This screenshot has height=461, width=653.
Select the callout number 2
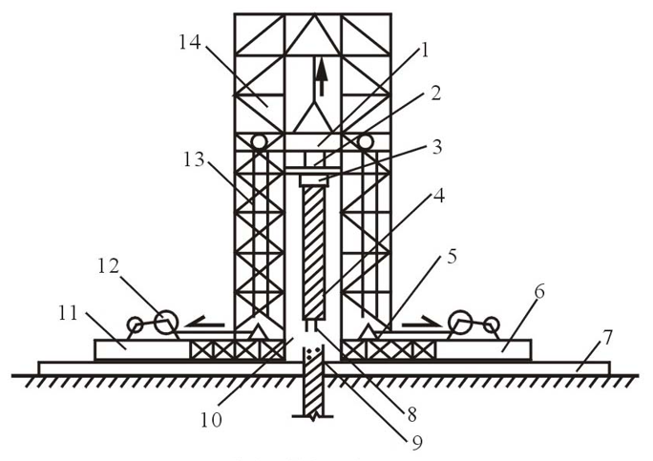click(x=435, y=95)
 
